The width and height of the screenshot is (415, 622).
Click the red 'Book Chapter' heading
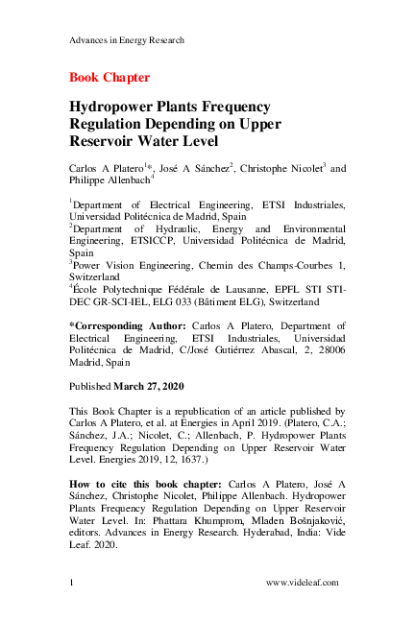click(x=109, y=76)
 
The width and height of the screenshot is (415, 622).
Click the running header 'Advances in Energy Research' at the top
click(x=127, y=39)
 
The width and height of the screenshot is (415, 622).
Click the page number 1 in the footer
click(x=73, y=582)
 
